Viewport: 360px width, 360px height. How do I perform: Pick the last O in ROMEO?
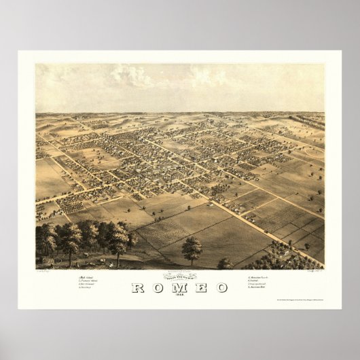tap(222, 287)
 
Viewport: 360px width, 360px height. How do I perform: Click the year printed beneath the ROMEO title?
tap(180, 295)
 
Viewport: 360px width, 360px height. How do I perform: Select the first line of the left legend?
tap(89, 278)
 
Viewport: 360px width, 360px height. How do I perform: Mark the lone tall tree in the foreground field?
tap(192, 249)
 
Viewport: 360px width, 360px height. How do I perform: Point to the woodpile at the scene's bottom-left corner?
tap(48, 259)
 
